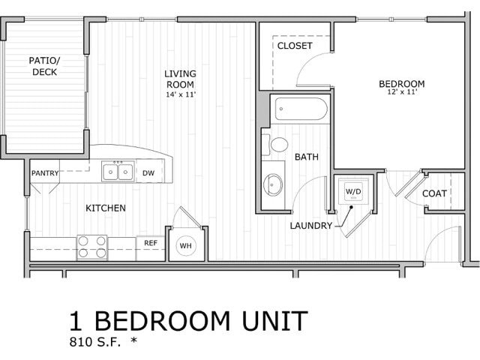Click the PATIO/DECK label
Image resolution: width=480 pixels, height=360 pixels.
(45, 66)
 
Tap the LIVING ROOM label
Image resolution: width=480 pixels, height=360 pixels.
(181, 79)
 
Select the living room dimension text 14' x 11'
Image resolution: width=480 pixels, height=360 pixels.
(181, 94)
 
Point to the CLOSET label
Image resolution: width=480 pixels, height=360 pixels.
(295, 46)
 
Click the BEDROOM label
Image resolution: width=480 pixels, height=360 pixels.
(401, 83)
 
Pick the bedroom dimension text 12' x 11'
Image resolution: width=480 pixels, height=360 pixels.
(401, 92)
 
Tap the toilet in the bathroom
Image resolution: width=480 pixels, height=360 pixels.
(279, 144)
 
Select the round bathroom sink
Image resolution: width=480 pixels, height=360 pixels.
(274, 183)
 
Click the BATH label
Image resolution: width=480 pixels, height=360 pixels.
(306, 157)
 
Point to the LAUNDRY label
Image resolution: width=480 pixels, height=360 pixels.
(310, 225)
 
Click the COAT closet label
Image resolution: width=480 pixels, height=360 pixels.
(434, 193)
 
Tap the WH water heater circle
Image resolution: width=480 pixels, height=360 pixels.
(185, 244)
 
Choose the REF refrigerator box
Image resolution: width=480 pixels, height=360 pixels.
(151, 243)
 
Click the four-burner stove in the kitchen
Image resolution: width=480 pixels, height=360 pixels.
(91, 247)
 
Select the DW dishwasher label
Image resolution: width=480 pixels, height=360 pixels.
(148, 172)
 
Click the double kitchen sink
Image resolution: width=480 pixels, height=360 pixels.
(118, 172)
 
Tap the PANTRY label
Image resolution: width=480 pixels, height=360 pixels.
(44, 173)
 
